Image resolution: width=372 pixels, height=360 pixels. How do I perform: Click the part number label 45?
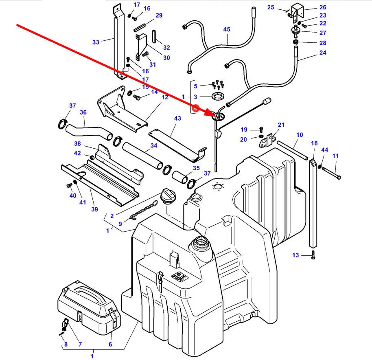coord(227,29)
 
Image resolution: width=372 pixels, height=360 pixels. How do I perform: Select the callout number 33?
coord(96,42)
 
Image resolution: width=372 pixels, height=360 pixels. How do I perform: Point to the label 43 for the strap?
coord(177,118)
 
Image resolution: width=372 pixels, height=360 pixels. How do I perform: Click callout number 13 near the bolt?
coord(295,255)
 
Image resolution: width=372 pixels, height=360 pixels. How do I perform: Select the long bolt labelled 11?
coord(330,172)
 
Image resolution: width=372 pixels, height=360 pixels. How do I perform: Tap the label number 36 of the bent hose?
coord(83,112)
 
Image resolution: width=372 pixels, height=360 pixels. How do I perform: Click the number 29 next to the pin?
coord(159,15)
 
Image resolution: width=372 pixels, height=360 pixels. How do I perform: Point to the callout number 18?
coord(314,143)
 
